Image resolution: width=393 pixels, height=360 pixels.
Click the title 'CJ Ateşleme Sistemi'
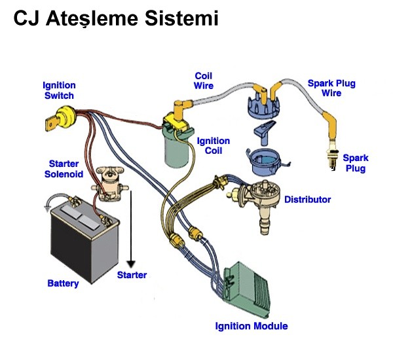click(115, 19)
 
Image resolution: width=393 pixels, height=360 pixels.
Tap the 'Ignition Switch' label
click(59, 90)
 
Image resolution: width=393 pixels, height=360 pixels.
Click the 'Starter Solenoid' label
click(64, 168)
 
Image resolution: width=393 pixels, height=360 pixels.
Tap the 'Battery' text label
click(63, 283)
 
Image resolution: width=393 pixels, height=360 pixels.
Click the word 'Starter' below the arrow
click(132, 275)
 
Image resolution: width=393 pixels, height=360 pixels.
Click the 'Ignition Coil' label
click(214, 145)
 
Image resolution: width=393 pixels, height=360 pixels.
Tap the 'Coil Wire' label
click(204, 81)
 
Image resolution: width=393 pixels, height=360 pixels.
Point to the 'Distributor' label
click(307, 199)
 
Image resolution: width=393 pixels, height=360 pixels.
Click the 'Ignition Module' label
click(252, 325)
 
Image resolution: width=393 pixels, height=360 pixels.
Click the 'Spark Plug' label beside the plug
click(356, 163)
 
